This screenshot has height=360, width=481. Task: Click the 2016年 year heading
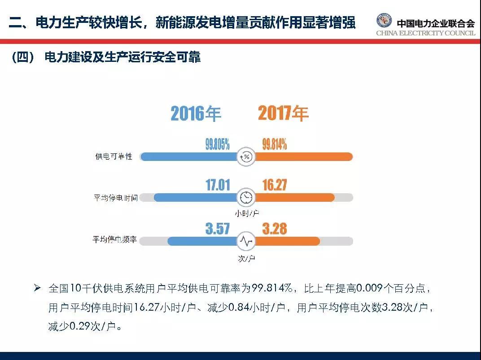pos(196,113)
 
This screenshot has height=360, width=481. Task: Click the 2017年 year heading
pos(283,113)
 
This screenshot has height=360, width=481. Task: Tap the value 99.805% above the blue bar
pos(218,144)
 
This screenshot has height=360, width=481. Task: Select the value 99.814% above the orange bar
pos(275,144)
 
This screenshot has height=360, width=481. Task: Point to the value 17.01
pos(218,185)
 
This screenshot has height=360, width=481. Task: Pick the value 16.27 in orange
pos(275,185)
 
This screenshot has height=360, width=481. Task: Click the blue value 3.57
pos(218,229)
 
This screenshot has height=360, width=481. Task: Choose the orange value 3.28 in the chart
pos(275,229)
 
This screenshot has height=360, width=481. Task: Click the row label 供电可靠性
pos(114,156)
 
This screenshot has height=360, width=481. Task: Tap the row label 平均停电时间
pos(116,198)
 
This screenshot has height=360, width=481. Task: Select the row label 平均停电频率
pos(115,240)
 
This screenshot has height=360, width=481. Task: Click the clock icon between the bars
pos(246,197)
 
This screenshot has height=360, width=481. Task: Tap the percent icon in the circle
pos(246,156)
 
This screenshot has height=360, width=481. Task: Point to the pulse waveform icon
pos(246,241)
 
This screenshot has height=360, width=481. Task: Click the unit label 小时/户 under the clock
pos(246,213)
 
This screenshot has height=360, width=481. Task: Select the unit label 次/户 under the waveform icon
pos(246,258)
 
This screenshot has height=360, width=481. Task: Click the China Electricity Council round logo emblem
pos(384,21)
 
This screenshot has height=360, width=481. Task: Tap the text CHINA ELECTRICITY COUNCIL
pos(425,33)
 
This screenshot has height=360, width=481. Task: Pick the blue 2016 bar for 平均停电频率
pos(202,241)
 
